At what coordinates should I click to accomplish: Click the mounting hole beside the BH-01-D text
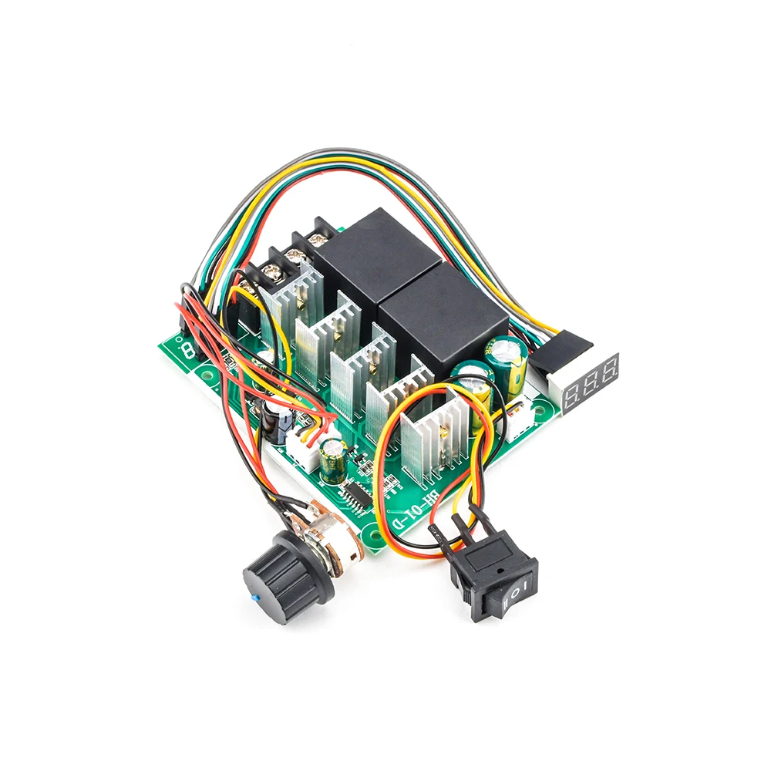pyautogui.click(x=375, y=532)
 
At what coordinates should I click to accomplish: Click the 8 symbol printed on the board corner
pyautogui.click(x=188, y=351)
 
